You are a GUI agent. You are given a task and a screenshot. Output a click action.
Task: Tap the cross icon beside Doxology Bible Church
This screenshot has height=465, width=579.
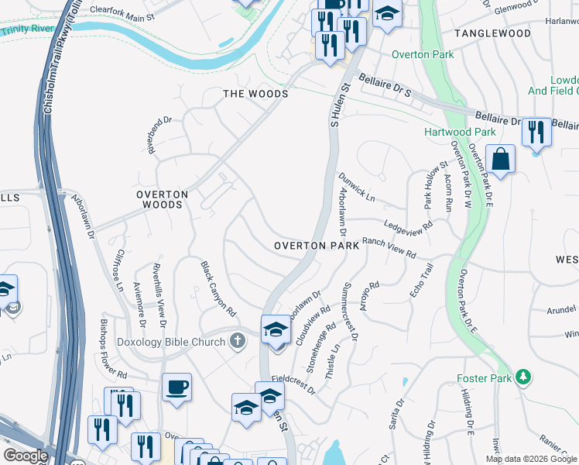pos(238,340)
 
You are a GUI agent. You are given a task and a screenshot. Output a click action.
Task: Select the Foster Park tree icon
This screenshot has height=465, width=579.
pos(525,377)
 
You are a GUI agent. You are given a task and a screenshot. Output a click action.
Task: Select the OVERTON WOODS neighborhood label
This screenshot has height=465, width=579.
pos(162,199)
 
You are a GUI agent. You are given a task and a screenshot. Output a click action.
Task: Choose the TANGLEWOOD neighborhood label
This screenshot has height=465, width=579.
pos(492,34)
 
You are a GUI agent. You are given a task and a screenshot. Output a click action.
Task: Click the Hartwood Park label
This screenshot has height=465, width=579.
pos(460,133)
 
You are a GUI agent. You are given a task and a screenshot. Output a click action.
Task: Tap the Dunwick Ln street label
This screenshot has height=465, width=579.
pos(357,188)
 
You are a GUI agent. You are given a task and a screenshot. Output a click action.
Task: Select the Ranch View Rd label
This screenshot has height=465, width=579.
pos(389,249)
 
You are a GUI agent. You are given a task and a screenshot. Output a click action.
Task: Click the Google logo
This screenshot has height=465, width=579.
pos(25,456)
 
